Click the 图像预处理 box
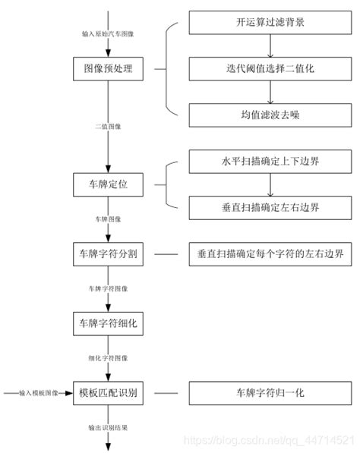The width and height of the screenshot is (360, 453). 108,68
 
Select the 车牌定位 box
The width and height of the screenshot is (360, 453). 108,184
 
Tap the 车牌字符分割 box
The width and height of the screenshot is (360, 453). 108,253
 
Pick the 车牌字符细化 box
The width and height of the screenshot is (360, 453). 108,323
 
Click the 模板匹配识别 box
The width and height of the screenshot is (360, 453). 108,393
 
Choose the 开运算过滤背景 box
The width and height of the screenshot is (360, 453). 270,23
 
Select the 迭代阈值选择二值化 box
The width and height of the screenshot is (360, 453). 270,69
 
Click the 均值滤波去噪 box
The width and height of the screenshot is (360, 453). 270,115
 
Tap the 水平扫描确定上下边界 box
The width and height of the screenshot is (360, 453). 270,162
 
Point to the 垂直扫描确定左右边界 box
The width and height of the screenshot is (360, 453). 270,207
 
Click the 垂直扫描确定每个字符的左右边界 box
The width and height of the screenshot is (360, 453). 270,253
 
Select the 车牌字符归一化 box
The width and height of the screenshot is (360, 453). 270,393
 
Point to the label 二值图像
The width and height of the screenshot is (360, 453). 108,127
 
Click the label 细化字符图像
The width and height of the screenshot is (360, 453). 108,358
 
